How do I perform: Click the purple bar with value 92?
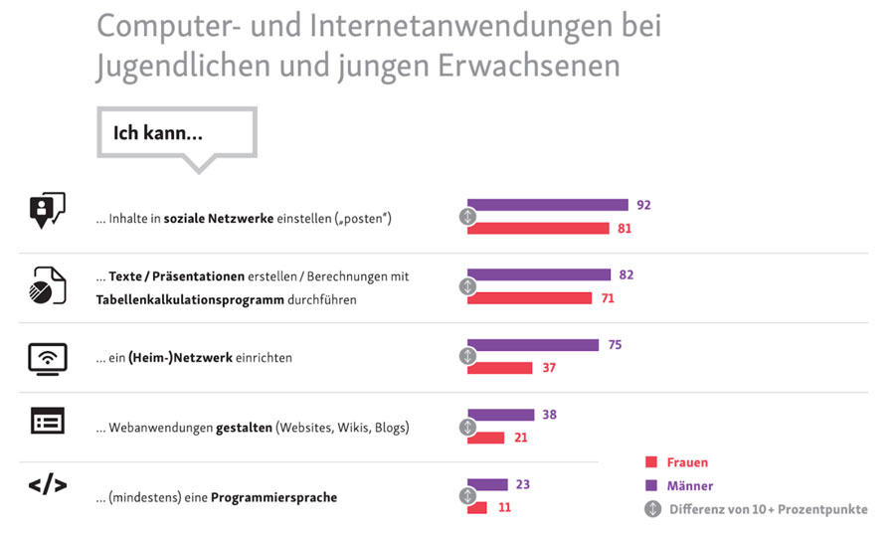tap(548, 205)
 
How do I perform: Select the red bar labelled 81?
tap(538, 229)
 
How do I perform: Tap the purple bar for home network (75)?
tap(533, 345)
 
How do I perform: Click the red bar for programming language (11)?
tap(477, 507)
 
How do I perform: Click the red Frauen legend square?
tap(652, 462)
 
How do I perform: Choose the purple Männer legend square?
tap(652, 486)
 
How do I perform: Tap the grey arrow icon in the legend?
tap(652, 509)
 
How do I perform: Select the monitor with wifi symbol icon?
tap(47, 357)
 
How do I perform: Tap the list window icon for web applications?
tap(47, 422)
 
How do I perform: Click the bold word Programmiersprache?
tap(273, 497)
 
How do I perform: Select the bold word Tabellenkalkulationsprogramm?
tap(178, 297)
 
